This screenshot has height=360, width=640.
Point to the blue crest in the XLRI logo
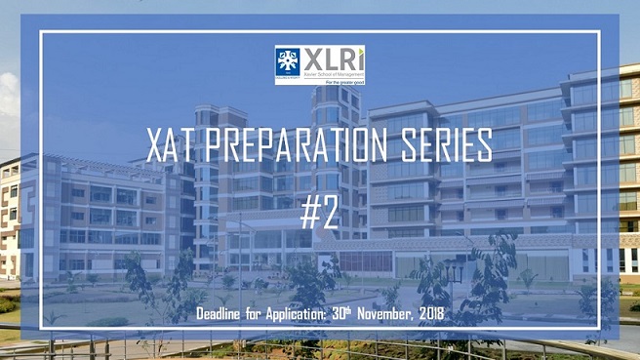(287, 61)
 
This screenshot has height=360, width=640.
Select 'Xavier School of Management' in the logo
(335, 73)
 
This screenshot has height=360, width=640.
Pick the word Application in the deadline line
(307, 315)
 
